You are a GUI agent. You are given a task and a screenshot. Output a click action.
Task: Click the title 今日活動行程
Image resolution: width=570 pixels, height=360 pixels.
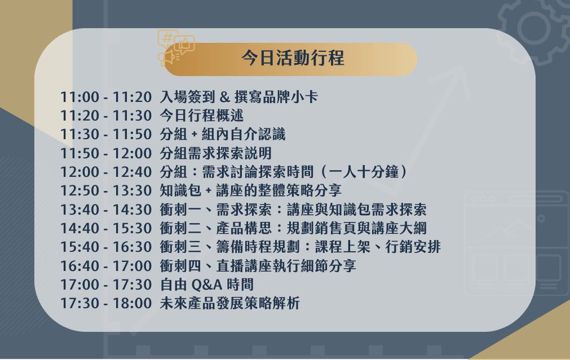point(293,58)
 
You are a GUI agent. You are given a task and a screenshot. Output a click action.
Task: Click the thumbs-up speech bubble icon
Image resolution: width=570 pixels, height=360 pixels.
point(184,45)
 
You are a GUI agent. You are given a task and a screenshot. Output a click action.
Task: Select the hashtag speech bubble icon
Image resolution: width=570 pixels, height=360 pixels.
point(167,38)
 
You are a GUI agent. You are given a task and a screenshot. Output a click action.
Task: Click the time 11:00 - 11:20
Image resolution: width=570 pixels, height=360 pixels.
point(106,97)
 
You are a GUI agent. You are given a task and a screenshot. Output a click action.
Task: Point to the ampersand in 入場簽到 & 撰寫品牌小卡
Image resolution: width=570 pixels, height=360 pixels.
point(225,97)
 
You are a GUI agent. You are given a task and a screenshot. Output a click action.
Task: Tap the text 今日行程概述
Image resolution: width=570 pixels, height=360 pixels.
point(202,116)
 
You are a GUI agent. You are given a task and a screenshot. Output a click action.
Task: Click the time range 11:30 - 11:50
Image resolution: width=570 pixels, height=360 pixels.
point(106,135)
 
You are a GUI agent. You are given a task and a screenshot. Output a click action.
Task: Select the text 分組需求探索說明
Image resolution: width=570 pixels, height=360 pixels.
point(216,153)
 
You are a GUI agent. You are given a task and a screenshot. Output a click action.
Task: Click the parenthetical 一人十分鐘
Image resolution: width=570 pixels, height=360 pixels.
point(363,172)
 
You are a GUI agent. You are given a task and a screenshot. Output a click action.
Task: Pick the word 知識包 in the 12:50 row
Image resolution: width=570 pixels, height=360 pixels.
point(180,191)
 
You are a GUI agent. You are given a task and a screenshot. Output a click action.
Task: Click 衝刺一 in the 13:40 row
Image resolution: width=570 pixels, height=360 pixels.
point(180,210)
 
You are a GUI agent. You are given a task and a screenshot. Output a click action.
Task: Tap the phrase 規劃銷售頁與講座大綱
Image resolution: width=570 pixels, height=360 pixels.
point(357,229)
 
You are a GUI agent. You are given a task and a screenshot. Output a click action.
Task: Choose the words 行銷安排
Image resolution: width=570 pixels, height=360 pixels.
point(413,247)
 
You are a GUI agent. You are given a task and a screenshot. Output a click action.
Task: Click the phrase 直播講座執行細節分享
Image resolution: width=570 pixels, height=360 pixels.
point(286,266)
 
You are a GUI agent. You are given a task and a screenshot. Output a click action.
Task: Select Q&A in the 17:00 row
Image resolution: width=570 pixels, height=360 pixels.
point(207,285)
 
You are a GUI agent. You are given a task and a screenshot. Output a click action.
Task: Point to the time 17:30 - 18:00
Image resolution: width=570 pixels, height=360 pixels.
point(106,304)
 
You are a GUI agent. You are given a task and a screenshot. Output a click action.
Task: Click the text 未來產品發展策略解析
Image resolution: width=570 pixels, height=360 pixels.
point(229,304)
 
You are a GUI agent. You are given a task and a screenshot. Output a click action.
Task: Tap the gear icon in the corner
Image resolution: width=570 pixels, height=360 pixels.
point(534,28)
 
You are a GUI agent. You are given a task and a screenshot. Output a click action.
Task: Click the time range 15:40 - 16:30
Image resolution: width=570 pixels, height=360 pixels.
point(106,247)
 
